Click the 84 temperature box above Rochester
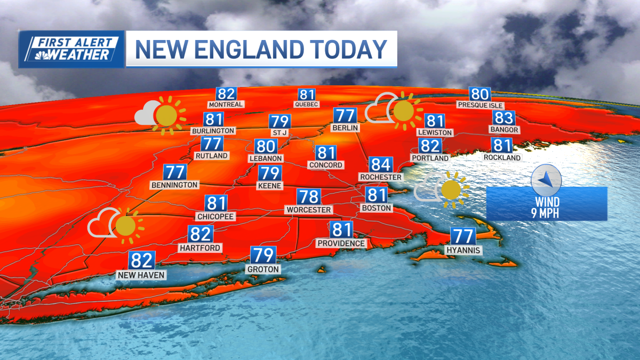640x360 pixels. tap(381, 165)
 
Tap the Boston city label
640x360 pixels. tap(377, 208)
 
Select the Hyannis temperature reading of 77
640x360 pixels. tap(462, 236)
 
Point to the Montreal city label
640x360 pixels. tap(226, 105)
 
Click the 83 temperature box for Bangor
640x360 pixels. tap(503, 118)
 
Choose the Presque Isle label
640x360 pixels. tap(479, 105)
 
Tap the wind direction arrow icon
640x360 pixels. tap(546, 180)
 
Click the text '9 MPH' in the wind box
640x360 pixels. tap(546, 213)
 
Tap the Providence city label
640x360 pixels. tap(341, 243)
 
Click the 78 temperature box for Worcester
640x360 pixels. tap(308, 197)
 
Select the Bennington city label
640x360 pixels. tap(174, 185)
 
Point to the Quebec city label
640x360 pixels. tap(307, 105)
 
